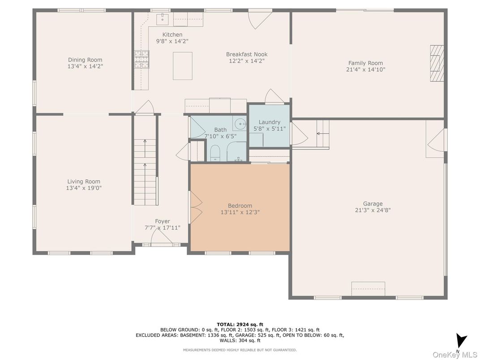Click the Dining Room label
click(x=85, y=60)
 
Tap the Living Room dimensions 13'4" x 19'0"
click(x=84, y=188)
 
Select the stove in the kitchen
click(x=141, y=60)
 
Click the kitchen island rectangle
click(x=183, y=66)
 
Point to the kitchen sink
click(x=161, y=19)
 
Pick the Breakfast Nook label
click(x=247, y=54)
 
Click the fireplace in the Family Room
click(x=437, y=64)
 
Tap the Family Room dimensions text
click(x=366, y=69)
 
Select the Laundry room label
click(x=269, y=122)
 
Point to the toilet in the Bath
click(x=214, y=153)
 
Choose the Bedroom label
click(x=240, y=206)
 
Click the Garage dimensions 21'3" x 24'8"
click(x=373, y=210)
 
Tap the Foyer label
click(x=163, y=221)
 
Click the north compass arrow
click(x=461, y=340)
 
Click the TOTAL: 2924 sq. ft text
click(x=240, y=324)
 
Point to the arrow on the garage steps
click(x=320, y=133)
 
